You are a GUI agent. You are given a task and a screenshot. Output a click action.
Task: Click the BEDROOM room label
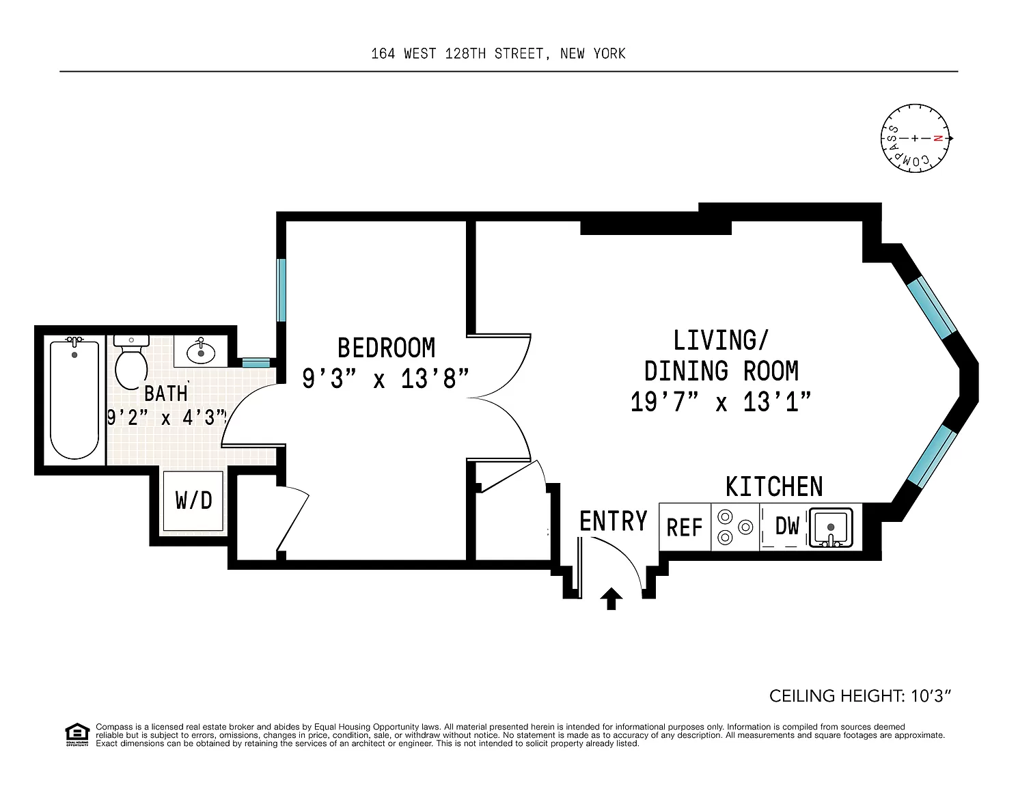pyautogui.click(x=386, y=348)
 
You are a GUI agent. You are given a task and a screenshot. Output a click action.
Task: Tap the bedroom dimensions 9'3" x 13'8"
pyautogui.click(x=386, y=378)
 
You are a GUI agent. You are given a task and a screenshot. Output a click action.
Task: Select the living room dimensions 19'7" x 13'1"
pyautogui.click(x=721, y=402)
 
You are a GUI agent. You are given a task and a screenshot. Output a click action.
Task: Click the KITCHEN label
pyautogui.click(x=773, y=486)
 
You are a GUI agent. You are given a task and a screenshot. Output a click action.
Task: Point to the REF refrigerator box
pyautogui.click(x=685, y=527)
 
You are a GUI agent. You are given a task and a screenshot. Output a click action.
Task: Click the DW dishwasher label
pyautogui.click(x=787, y=526)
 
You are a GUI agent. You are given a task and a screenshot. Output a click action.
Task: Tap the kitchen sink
pyautogui.click(x=831, y=527)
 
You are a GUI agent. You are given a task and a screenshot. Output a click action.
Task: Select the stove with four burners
pyautogui.click(x=735, y=527)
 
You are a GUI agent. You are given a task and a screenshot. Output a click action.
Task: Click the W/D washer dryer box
pyautogui.click(x=193, y=501)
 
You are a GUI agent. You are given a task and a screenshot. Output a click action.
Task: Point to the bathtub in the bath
pyautogui.click(x=74, y=400)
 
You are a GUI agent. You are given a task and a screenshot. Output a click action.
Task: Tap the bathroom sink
pyautogui.click(x=200, y=352)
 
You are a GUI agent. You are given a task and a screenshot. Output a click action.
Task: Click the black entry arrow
pyautogui.click(x=611, y=599)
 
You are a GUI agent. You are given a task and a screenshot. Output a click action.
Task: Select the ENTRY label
pyautogui.click(x=613, y=521)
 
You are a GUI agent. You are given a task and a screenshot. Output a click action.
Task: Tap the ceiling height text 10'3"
pyautogui.click(x=860, y=696)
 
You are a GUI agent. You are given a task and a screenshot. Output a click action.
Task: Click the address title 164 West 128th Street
pyautogui.click(x=498, y=54)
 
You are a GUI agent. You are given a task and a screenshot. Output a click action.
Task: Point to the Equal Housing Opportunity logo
pyautogui.click(x=77, y=734)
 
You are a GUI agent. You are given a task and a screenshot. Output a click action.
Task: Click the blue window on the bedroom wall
pyautogui.click(x=280, y=289)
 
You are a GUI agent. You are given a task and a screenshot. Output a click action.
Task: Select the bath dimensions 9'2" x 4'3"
pyautogui.click(x=167, y=417)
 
